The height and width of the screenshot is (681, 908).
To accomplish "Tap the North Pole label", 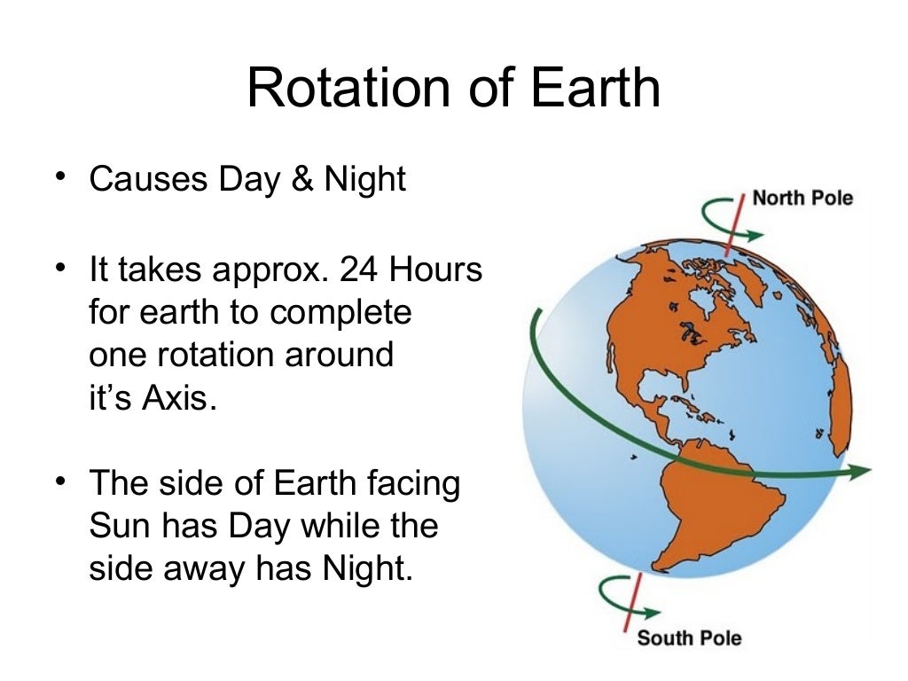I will coord(802,197).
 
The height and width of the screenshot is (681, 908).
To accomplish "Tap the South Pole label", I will coord(689,638).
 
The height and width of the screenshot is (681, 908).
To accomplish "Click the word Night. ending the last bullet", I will coord(368,569).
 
